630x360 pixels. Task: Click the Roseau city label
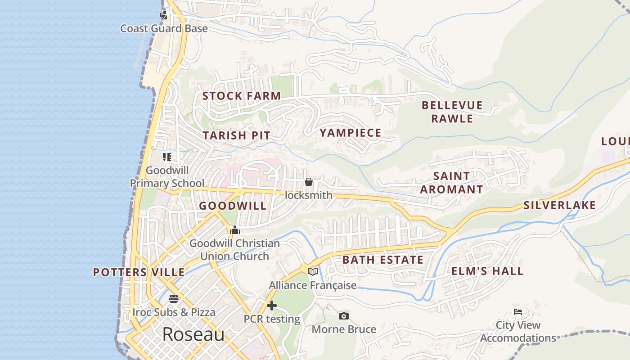coord(193,334)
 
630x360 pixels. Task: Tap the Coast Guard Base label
coord(164,28)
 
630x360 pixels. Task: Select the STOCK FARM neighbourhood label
coord(241,96)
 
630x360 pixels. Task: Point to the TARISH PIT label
coord(236,135)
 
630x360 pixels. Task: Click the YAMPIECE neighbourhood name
coord(350,133)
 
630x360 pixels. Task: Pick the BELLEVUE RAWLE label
coord(452,112)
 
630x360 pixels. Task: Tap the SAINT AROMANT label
coord(451,183)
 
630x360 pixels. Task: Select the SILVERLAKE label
coord(559,206)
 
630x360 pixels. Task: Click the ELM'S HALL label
coord(487,271)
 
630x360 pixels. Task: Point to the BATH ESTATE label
coord(382,260)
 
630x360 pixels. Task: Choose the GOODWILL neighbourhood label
coord(233,206)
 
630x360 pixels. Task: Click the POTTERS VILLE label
coord(139,272)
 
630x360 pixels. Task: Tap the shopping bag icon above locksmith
coord(308,182)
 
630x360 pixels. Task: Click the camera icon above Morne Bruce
coord(343,316)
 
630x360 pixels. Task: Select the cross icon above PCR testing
coord(271,306)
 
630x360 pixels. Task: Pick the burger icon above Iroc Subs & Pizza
coord(174,299)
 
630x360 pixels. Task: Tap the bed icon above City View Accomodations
coord(517,312)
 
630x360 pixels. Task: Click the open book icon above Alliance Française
coord(312,271)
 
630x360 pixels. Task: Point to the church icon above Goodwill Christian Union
coord(234,230)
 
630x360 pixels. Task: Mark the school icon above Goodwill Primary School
coord(167,157)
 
